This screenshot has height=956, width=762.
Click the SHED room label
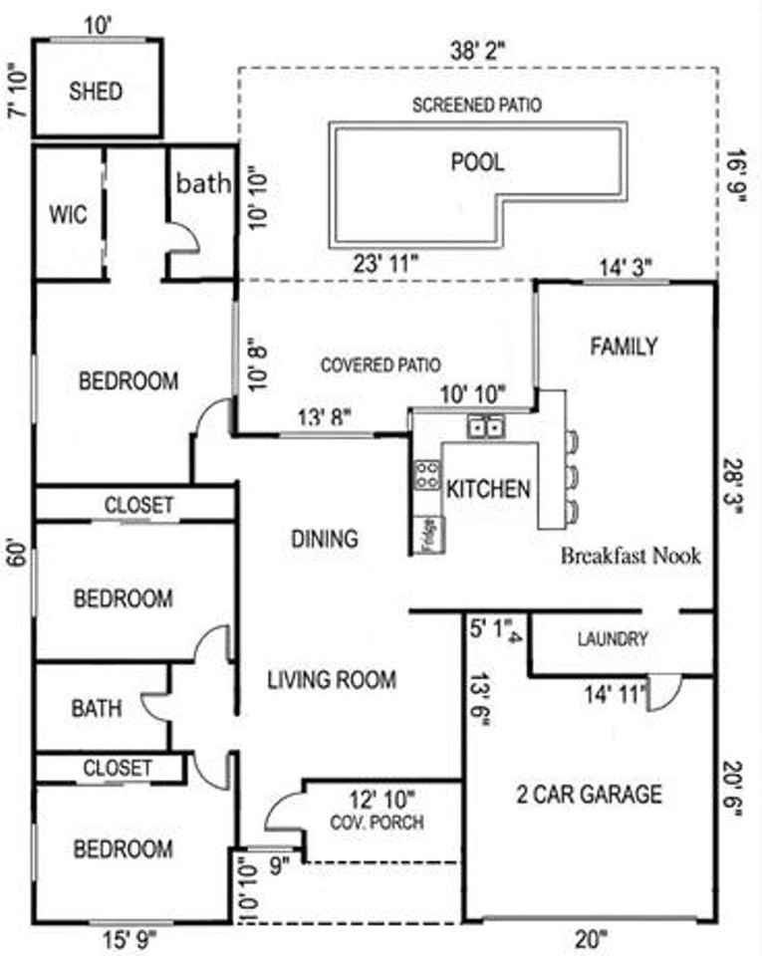[97, 92]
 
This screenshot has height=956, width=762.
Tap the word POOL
[477, 161]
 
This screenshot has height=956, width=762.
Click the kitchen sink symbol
[487, 427]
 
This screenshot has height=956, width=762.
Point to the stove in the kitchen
[427, 474]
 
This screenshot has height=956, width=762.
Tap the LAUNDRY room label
[613, 639]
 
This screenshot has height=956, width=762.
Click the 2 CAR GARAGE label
[589, 794]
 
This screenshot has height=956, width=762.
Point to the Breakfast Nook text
[631, 556]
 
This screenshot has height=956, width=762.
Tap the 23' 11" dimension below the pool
[385, 265]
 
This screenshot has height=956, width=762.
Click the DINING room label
[324, 539]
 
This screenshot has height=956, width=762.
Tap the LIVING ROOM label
[332, 680]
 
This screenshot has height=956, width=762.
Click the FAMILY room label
[624, 347]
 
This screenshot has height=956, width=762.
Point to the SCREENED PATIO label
[477, 105]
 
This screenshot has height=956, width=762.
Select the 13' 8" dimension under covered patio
[323, 418]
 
